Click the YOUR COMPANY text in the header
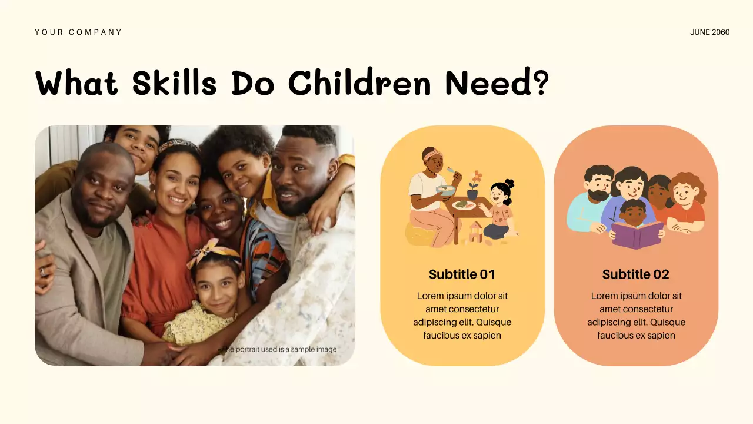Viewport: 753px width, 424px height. click(78, 32)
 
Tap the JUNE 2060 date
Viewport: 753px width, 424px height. click(709, 32)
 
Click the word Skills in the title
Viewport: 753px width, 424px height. click(174, 83)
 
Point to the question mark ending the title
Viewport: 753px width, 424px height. click(539, 83)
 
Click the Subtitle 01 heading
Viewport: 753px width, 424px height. click(462, 274)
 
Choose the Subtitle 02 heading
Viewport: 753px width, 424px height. click(635, 274)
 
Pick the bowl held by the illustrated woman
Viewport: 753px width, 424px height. click(446, 190)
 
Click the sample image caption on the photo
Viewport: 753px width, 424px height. click(279, 349)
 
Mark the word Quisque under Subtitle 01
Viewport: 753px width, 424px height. click(492, 322)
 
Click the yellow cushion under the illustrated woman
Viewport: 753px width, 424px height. click(422, 236)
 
